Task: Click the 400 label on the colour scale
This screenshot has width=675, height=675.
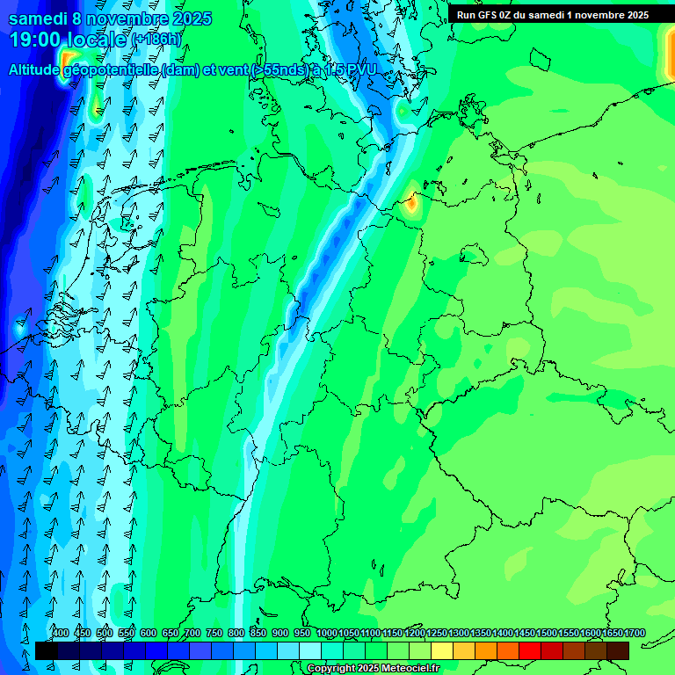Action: [61, 633]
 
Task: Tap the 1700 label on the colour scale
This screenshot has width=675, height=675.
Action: [635, 633]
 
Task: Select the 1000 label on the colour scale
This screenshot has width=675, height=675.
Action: [327, 633]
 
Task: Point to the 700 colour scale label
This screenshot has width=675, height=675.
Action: [192, 633]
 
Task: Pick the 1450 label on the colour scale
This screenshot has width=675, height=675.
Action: [525, 633]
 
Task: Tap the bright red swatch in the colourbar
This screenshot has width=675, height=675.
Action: [530, 650]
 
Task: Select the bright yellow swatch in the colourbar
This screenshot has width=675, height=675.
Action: [442, 650]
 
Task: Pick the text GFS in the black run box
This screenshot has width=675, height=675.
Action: [490, 14]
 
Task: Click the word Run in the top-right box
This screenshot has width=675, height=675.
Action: [467, 14]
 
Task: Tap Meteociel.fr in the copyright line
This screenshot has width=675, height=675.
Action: [408, 669]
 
